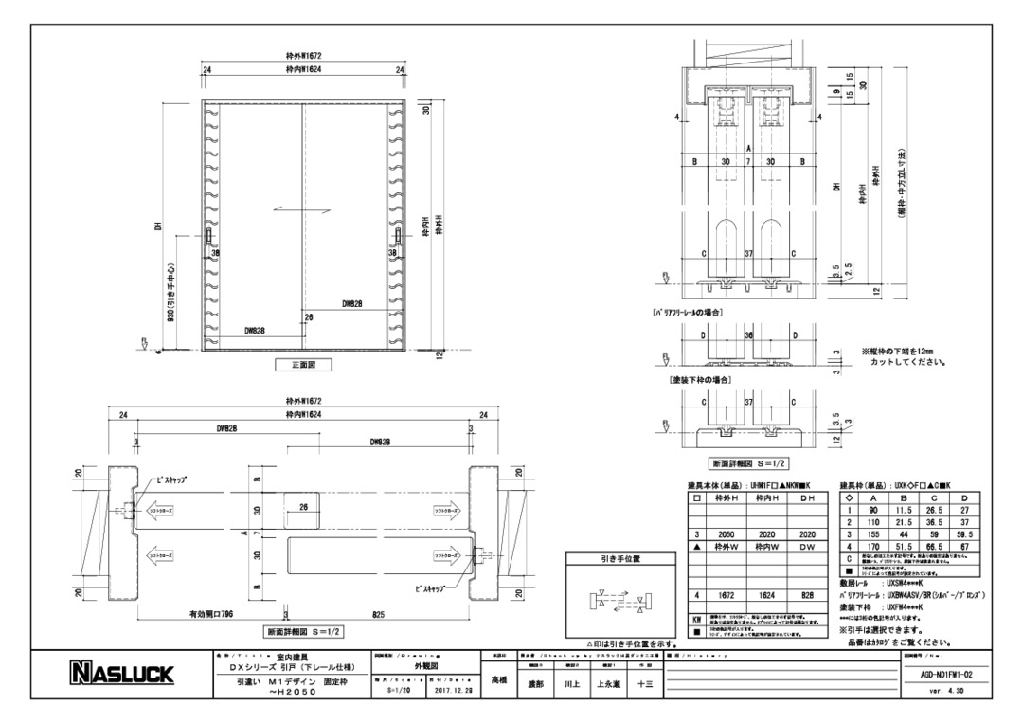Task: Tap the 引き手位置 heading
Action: [x=613, y=559]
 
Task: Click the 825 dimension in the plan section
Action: [x=379, y=614]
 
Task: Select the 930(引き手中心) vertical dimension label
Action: [x=168, y=292]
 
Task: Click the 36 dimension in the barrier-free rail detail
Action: [x=747, y=335]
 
